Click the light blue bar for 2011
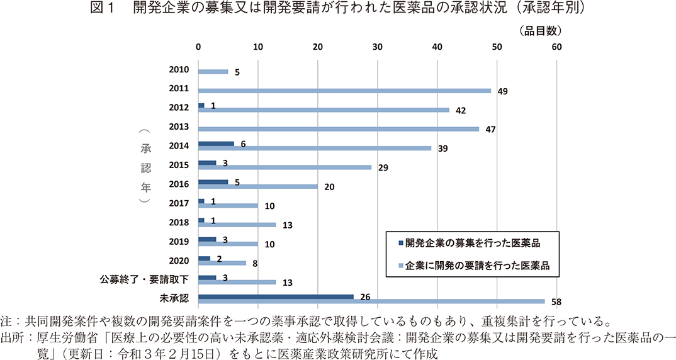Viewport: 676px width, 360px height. (x=344, y=91)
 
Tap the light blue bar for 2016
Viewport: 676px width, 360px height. (x=258, y=186)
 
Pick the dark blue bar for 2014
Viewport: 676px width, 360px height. (x=216, y=143)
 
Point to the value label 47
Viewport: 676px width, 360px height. (x=490, y=129)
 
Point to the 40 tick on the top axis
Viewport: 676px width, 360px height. (x=437, y=47)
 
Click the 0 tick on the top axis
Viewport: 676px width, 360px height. (x=198, y=47)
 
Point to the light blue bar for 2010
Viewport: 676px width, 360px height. (x=213, y=72)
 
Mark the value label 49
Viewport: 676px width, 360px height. (x=502, y=91)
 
